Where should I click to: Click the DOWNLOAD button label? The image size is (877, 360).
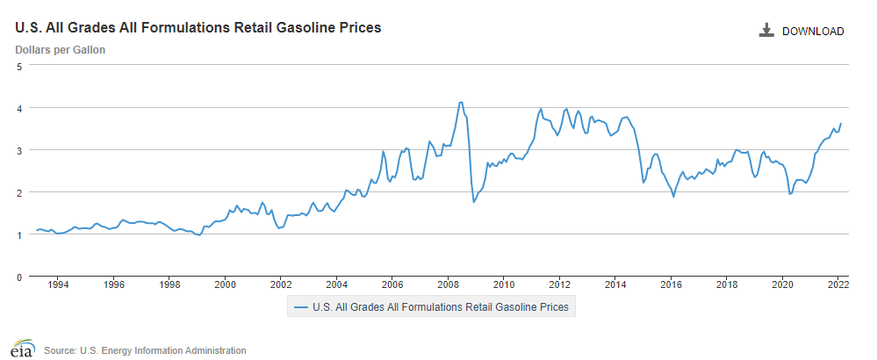coord(812,32)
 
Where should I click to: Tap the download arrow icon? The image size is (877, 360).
coord(766,32)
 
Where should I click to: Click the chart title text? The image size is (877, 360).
coord(198,28)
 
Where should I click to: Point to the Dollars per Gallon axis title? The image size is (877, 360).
coord(61,50)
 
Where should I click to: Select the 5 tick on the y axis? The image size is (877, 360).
coord(19,66)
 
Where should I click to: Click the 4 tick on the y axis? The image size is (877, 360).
coord(19,108)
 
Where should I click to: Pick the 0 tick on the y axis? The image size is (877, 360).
coord(19,277)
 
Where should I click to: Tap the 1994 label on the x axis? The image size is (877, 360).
coord(58,284)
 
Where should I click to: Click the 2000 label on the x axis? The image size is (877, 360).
coord(226,284)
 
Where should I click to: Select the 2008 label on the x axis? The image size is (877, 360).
coord(448,284)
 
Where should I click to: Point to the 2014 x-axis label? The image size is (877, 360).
coord(615,284)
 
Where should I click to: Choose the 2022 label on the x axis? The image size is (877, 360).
coord(837,284)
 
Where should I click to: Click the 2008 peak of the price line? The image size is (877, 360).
coord(461,103)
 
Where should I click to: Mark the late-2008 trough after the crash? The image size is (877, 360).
coord(474,202)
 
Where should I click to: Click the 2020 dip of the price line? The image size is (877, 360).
coord(790,194)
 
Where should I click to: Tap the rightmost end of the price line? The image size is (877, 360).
coord(841,124)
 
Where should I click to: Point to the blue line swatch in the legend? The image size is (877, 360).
coord(301,307)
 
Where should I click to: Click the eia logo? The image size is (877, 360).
coord(22,348)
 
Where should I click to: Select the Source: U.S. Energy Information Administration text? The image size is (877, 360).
coord(145,350)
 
